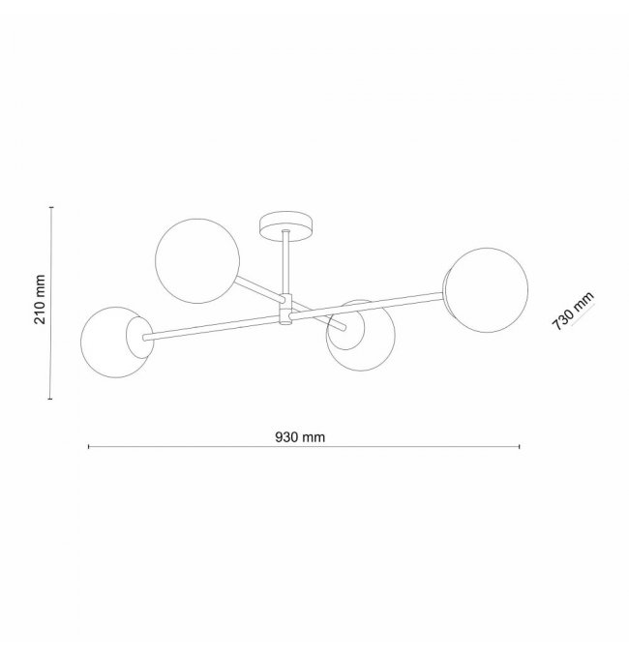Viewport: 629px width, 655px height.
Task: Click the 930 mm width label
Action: pos(300,437)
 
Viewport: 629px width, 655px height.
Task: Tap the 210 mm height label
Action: pos(40,299)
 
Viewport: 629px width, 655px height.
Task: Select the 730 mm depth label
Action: pos(573,311)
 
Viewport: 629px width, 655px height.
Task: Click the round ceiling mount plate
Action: pos(286,226)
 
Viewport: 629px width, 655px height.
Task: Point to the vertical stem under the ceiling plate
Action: pos(286,263)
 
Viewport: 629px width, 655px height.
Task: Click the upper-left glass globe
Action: pos(197,260)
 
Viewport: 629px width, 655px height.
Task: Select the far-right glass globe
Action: pos(486,290)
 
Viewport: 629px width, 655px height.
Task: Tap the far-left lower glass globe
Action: pos(116,342)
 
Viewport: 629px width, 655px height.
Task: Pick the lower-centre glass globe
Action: pos(361,336)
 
